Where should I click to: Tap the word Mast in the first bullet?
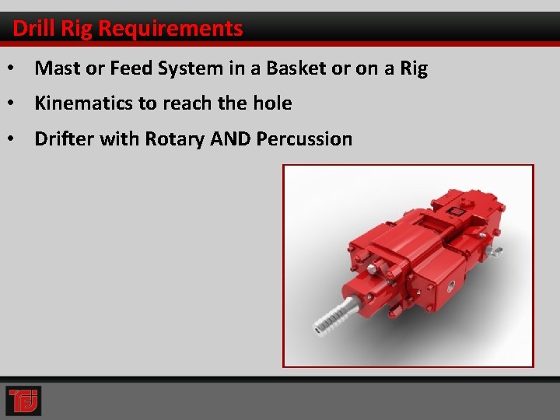pyautogui.click(x=53, y=68)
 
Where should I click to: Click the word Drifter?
pyautogui.click(x=65, y=139)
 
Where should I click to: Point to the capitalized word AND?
pyautogui.click(x=229, y=139)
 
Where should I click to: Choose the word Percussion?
pyautogui.click(x=304, y=139)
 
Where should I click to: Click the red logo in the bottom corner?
pyautogui.click(x=23, y=401)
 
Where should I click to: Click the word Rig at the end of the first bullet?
pyautogui.click(x=413, y=68)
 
